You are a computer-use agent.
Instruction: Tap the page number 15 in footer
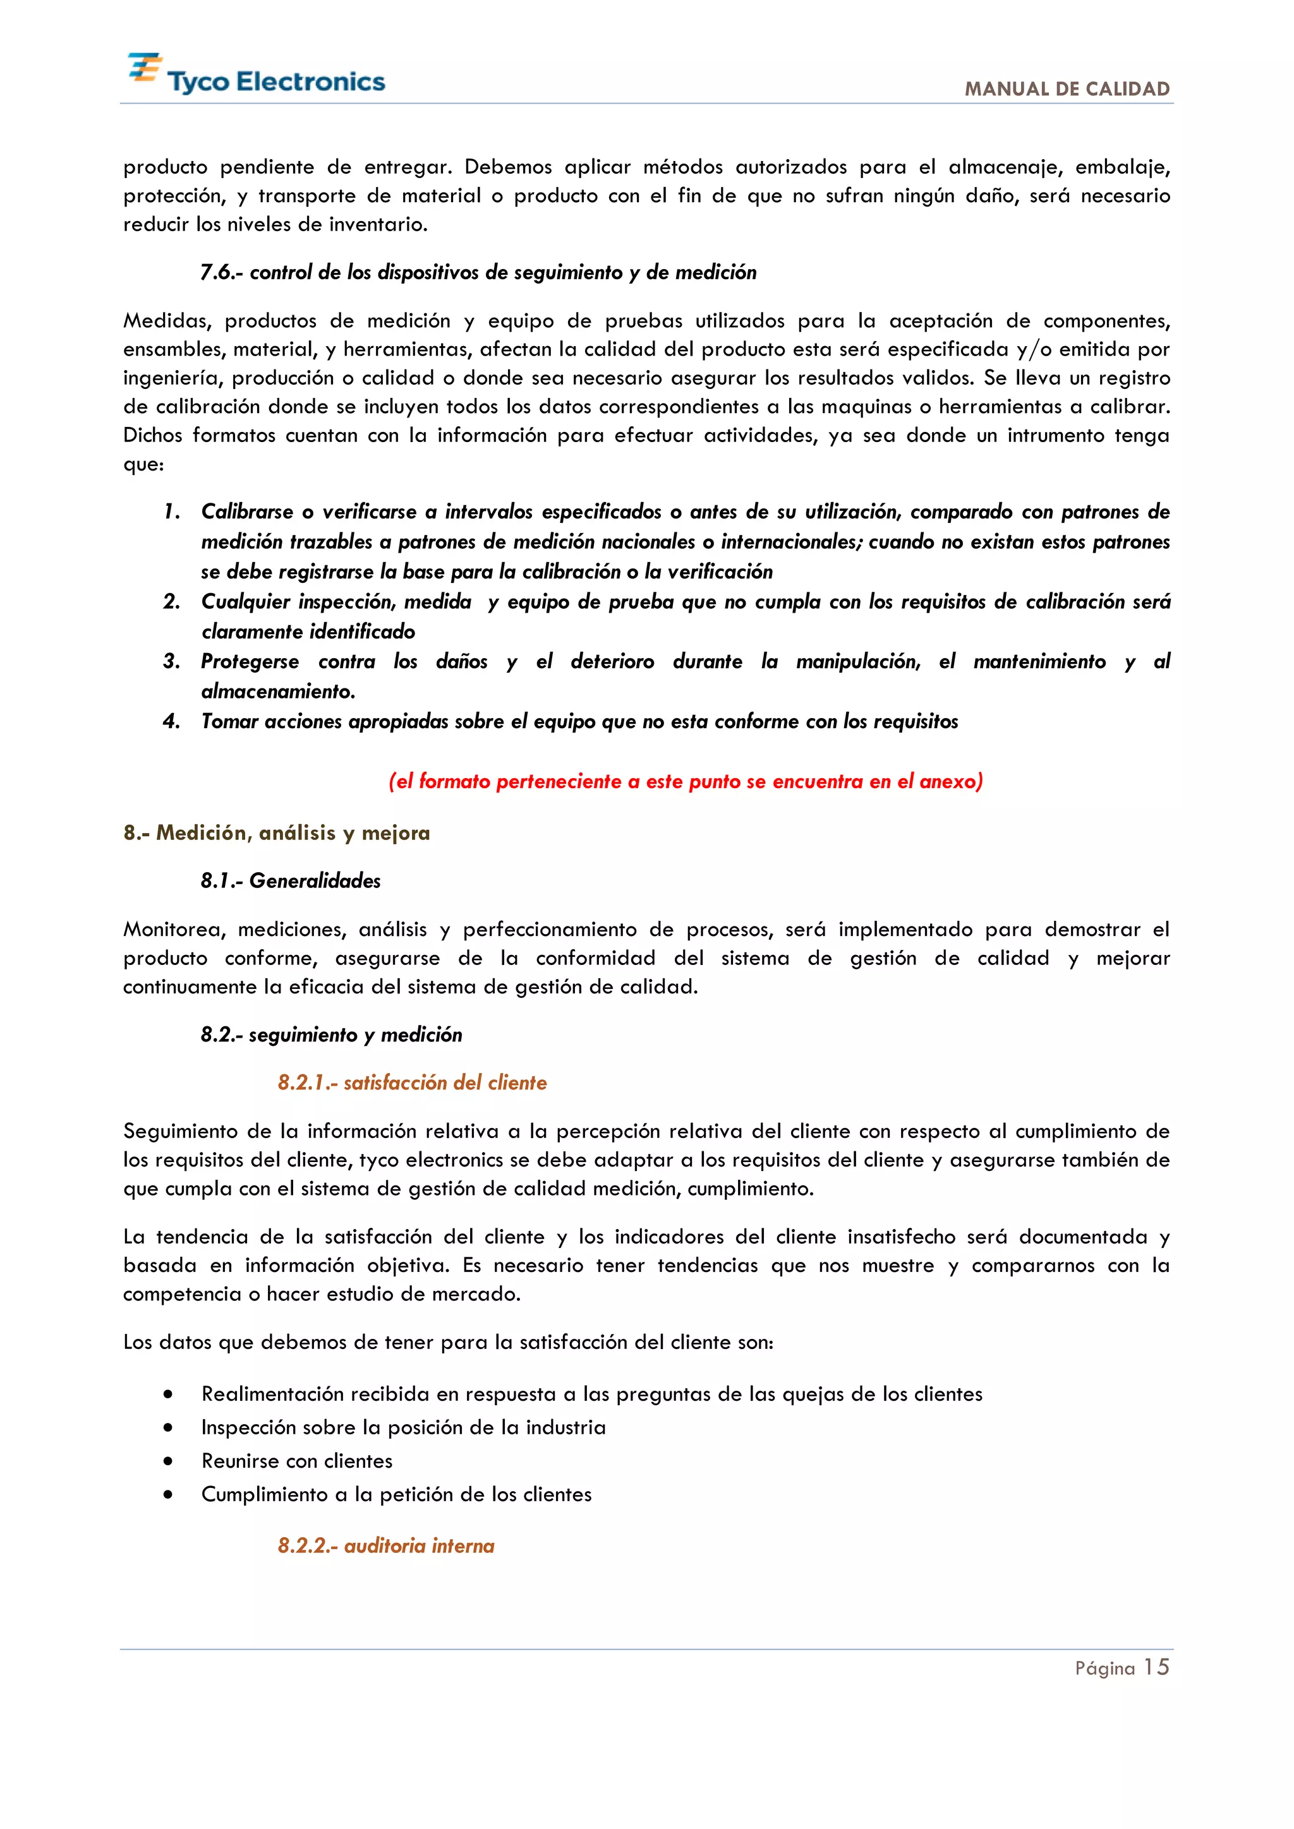1156,1667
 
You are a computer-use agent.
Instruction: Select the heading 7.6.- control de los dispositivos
478,272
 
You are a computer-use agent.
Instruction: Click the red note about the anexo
686,781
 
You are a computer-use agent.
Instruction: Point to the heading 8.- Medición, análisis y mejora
277,832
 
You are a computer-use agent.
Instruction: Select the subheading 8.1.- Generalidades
290,880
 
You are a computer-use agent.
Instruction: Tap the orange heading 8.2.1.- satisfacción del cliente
412,1082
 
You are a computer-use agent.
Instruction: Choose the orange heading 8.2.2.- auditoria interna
385,1545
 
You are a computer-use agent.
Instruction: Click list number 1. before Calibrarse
171,512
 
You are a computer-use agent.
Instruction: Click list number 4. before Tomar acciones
171,722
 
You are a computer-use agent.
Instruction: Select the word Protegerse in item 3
250,661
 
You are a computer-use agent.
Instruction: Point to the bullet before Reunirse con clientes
167,1461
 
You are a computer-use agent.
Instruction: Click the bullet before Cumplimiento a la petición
167,1494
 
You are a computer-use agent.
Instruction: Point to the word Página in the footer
1104,1669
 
